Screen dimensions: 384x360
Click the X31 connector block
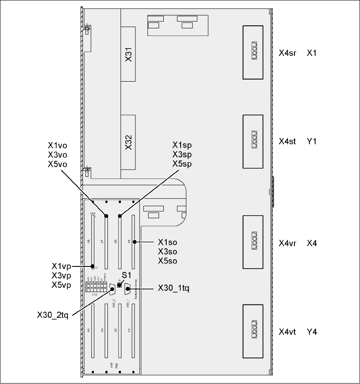(129, 54)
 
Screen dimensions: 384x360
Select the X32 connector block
(129, 143)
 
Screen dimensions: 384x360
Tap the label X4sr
(287, 53)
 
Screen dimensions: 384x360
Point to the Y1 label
(312, 141)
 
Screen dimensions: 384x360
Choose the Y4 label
(312, 332)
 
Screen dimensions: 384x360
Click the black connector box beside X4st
(253, 141)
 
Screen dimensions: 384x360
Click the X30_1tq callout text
(173, 288)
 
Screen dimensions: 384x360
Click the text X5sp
(182, 164)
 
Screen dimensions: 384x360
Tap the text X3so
(167, 252)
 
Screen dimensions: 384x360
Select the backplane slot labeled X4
(93, 330)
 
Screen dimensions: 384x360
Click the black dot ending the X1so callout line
(135, 242)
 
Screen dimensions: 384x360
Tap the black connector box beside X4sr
(253, 52)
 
